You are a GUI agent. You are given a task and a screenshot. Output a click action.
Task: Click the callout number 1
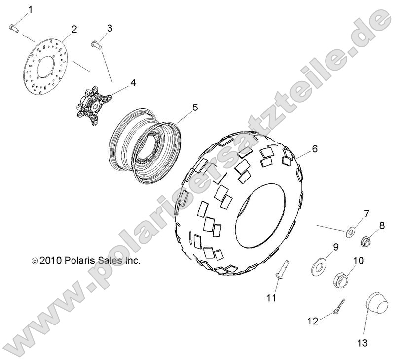coord(30,10)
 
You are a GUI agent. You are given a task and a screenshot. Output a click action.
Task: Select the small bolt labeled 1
coord(14,28)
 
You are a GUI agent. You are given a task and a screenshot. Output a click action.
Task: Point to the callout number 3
coord(109,28)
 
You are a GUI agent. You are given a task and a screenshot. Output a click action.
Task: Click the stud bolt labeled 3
coord(96,44)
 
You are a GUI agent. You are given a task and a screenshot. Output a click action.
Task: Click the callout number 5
coord(195,108)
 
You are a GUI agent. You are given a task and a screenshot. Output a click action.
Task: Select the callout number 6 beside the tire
coord(315,149)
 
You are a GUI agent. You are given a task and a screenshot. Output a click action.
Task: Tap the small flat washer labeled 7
coord(351,232)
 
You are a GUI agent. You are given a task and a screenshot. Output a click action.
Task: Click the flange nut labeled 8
coord(365,241)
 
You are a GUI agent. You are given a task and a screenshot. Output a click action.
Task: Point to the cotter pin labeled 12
coord(339,306)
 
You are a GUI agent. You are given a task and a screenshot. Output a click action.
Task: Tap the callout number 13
coord(362,343)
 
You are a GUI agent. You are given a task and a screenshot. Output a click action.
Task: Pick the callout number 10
coord(358,261)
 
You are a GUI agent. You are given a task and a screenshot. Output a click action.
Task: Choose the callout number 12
coord(313,321)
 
